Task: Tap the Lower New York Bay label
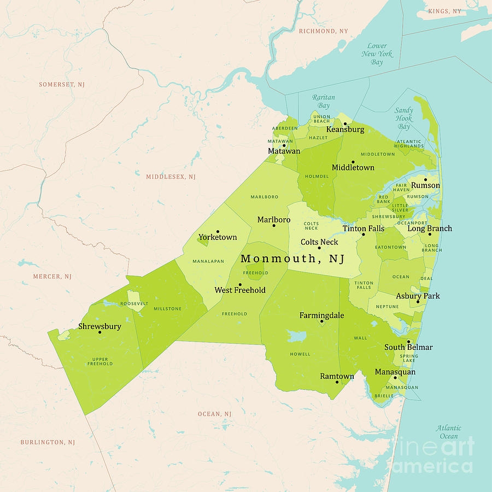377,54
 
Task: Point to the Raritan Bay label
324,101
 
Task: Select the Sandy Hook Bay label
403,118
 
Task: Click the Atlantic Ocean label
448,432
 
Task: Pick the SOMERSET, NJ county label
62,85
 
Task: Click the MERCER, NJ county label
52,277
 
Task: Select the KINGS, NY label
444,11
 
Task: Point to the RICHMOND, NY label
323,31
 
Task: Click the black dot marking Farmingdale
321,321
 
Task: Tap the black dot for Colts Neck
319,248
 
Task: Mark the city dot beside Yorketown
218,231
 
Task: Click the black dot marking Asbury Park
418,302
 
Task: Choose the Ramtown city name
337,376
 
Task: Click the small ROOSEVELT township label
134,303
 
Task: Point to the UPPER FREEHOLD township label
100,361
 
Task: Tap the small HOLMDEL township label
317,176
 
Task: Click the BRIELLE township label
383,395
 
